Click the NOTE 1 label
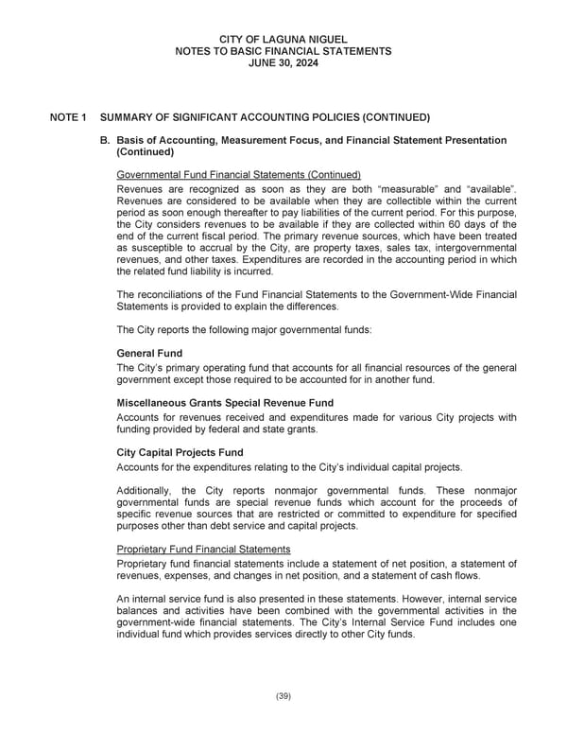pos(68,117)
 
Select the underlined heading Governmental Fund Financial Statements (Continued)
pos(238,175)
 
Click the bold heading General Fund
pos(149,353)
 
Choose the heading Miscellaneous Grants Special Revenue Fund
pos(225,403)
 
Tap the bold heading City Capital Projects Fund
pos(180,452)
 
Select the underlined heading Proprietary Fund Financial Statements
pos(203,550)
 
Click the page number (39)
pos(283,696)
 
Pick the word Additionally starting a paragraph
pos(147,490)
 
